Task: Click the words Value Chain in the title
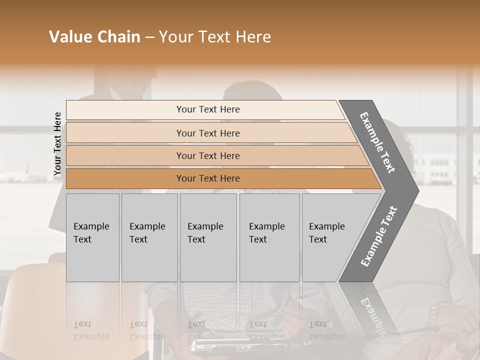click(94, 37)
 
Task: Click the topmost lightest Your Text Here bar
click(207, 109)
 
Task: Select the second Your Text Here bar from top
click(207, 133)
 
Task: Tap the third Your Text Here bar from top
click(207, 155)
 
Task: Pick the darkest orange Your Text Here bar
click(207, 178)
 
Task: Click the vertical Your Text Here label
click(57, 143)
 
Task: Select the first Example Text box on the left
click(92, 237)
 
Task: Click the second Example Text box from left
click(149, 237)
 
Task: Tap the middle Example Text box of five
click(208, 237)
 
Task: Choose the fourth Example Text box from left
click(269, 237)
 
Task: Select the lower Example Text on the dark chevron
click(379, 236)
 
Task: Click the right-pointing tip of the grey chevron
click(415, 191)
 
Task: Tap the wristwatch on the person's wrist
click(433, 315)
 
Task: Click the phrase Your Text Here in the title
click(215, 37)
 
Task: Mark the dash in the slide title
click(149, 37)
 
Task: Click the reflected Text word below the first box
click(82, 324)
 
